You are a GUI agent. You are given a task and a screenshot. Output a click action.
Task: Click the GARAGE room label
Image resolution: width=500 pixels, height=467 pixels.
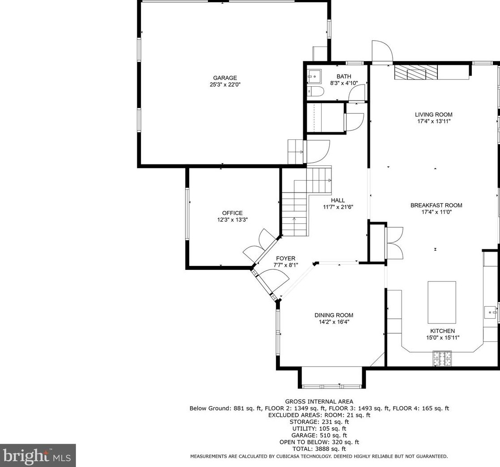click(x=225, y=78)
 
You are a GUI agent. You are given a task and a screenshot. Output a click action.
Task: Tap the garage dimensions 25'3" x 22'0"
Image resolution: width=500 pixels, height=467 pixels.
click(x=225, y=84)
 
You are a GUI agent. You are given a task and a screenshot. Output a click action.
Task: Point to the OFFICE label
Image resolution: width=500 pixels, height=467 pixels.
click(x=232, y=213)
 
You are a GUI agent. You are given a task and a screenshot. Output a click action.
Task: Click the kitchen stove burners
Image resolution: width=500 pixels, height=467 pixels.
click(x=442, y=358)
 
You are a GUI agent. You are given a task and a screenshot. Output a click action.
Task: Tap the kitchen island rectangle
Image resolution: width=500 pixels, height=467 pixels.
click(x=442, y=302)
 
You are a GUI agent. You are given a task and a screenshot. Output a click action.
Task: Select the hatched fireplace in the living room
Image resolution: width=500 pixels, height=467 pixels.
click(x=415, y=72)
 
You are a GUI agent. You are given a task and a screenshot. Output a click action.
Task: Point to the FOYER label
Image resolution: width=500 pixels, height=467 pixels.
click(x=285, y=258)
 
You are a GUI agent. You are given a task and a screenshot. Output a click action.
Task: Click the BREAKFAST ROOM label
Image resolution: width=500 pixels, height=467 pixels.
click(x=436, y=206)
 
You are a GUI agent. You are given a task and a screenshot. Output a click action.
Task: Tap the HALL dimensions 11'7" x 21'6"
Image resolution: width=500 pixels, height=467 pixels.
click(x=338, y=207)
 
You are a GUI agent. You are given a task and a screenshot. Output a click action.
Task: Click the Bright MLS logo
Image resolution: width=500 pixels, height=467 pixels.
click(x=38, y=455)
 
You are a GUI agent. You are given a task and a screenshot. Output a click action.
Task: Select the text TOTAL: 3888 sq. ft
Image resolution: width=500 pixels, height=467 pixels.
click(x=319, y=449)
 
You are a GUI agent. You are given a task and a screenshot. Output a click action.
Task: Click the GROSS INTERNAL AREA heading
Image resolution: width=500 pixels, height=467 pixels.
click(x=319, y=401)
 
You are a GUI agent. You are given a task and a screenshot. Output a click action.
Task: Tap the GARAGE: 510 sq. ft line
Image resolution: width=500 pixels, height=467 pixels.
click(x=319, y=435)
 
